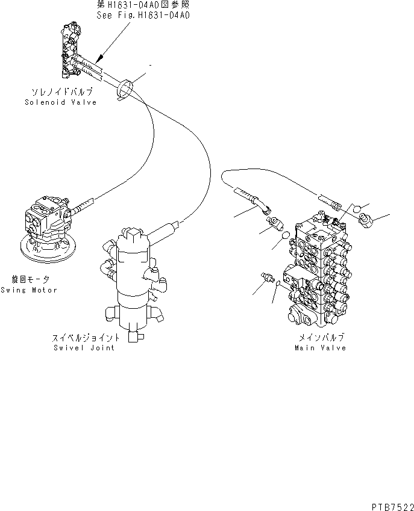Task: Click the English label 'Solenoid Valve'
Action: (x=60, y=102)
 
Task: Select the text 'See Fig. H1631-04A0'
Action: (x=143, y=16)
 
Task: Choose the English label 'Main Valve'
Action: (x=320, y=348)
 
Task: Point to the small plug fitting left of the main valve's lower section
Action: (x=267, y=278)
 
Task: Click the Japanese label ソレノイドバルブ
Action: (x=61, y=93)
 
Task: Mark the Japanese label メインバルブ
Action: (x=321, y=339)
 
